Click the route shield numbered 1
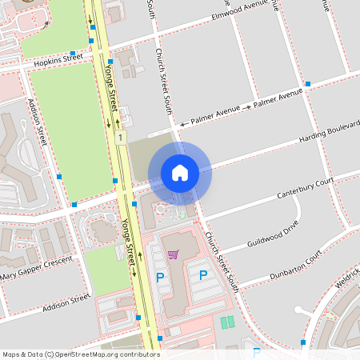[121, 138]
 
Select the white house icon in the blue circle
[180, 172]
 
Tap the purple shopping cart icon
[173, 254]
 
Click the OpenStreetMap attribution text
[81, 354]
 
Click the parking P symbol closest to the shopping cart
[160, 277]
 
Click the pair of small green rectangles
[227, 322]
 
